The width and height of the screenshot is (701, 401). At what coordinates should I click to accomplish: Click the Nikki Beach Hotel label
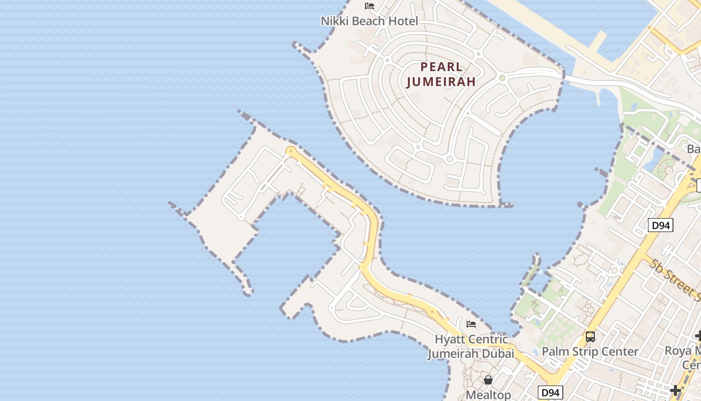(369, 21)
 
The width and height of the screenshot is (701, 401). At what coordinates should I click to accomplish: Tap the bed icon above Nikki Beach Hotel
(370, 7)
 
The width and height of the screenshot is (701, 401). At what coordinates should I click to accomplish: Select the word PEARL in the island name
(441, 67)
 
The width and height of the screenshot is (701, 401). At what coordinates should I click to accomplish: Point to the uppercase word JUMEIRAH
(441, 82)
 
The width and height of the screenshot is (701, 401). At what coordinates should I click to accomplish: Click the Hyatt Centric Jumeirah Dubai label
(471, 346)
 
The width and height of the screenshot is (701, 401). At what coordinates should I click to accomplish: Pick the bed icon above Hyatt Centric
(471, 324)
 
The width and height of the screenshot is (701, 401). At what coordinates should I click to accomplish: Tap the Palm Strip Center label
(590, 351)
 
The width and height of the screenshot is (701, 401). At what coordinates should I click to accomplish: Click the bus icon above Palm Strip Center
(590, 336)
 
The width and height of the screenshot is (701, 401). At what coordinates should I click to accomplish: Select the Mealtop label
(488, 395)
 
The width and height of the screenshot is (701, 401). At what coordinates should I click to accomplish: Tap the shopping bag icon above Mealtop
(488, 380)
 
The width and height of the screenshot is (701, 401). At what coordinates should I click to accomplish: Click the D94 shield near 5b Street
(661, 226)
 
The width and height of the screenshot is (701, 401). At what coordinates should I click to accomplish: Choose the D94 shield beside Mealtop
(550, 392)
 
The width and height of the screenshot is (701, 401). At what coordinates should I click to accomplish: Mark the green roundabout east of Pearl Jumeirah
(502, 78)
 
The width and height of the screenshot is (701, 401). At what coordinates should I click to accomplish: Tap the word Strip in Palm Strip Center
(590, 351)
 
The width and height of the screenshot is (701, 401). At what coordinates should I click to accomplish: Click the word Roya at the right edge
(677, 351)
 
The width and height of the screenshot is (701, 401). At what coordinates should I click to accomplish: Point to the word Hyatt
(447, 339)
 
